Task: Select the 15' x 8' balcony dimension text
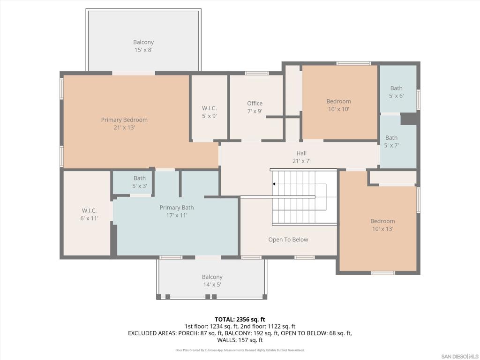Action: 143,50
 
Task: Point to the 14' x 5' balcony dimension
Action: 212,285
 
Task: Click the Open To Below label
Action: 288,240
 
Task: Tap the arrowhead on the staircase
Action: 274,184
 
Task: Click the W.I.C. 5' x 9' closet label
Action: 210,112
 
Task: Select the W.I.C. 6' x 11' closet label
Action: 89,214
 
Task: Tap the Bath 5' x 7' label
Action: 391,142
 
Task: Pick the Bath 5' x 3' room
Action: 132,182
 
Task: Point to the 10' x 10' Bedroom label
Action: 338,105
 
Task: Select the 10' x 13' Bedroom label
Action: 382,225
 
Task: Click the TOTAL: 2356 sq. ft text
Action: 240,320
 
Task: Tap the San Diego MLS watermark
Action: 460,356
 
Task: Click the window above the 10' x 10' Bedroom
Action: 353,63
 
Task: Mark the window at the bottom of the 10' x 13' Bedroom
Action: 383,273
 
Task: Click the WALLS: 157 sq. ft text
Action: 240,340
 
